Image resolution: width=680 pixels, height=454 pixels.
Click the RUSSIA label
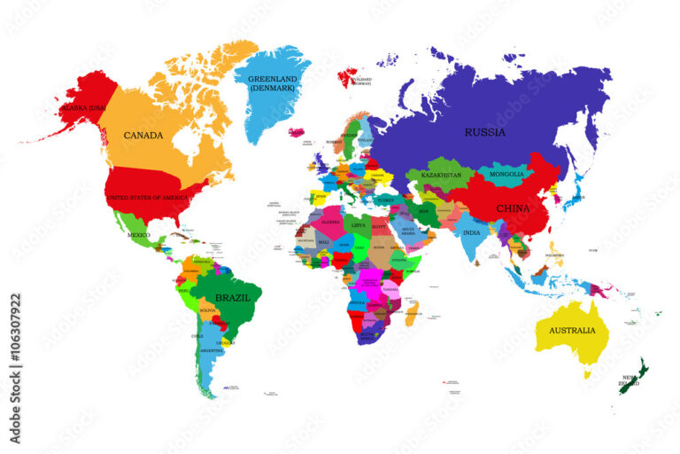[x=485, y=133]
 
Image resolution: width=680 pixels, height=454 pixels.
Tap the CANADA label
[x=143, y=136]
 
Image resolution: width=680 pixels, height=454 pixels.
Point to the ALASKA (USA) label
[x=83, y=108]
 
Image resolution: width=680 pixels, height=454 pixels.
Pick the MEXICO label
[x=138, y=235]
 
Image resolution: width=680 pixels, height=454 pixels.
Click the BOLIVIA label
[x=208, y=311]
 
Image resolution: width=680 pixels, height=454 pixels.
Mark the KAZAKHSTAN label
[x=441, y=176]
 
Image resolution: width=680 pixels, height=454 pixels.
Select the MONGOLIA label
[x=507, y=175]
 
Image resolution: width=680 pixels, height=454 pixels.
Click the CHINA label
[x=513, y=209]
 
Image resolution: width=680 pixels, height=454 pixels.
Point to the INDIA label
[x=472, y=232]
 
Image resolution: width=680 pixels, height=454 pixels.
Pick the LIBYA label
[x=358, y=225]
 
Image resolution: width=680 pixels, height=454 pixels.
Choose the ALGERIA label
[x=329, y=222]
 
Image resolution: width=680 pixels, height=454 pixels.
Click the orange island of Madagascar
[x=409, y=314]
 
